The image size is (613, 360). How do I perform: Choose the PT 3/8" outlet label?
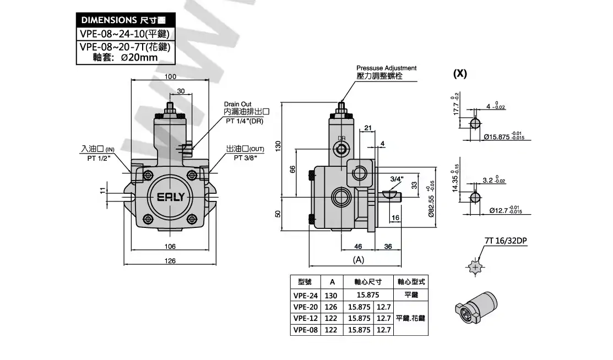click(245, 158)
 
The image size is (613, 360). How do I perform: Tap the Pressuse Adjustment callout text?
click(386, 68)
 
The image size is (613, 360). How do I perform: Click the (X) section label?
click(460, 74)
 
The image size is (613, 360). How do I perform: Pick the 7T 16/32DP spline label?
click(506, 241)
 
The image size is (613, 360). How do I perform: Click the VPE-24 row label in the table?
click(306, 295)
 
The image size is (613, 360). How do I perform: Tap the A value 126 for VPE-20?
click(332, 307)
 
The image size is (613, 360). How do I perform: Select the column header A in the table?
click(332, 282)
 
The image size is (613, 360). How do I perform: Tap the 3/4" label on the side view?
click(397, 179)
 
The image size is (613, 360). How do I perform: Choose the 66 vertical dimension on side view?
click(292, 171)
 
